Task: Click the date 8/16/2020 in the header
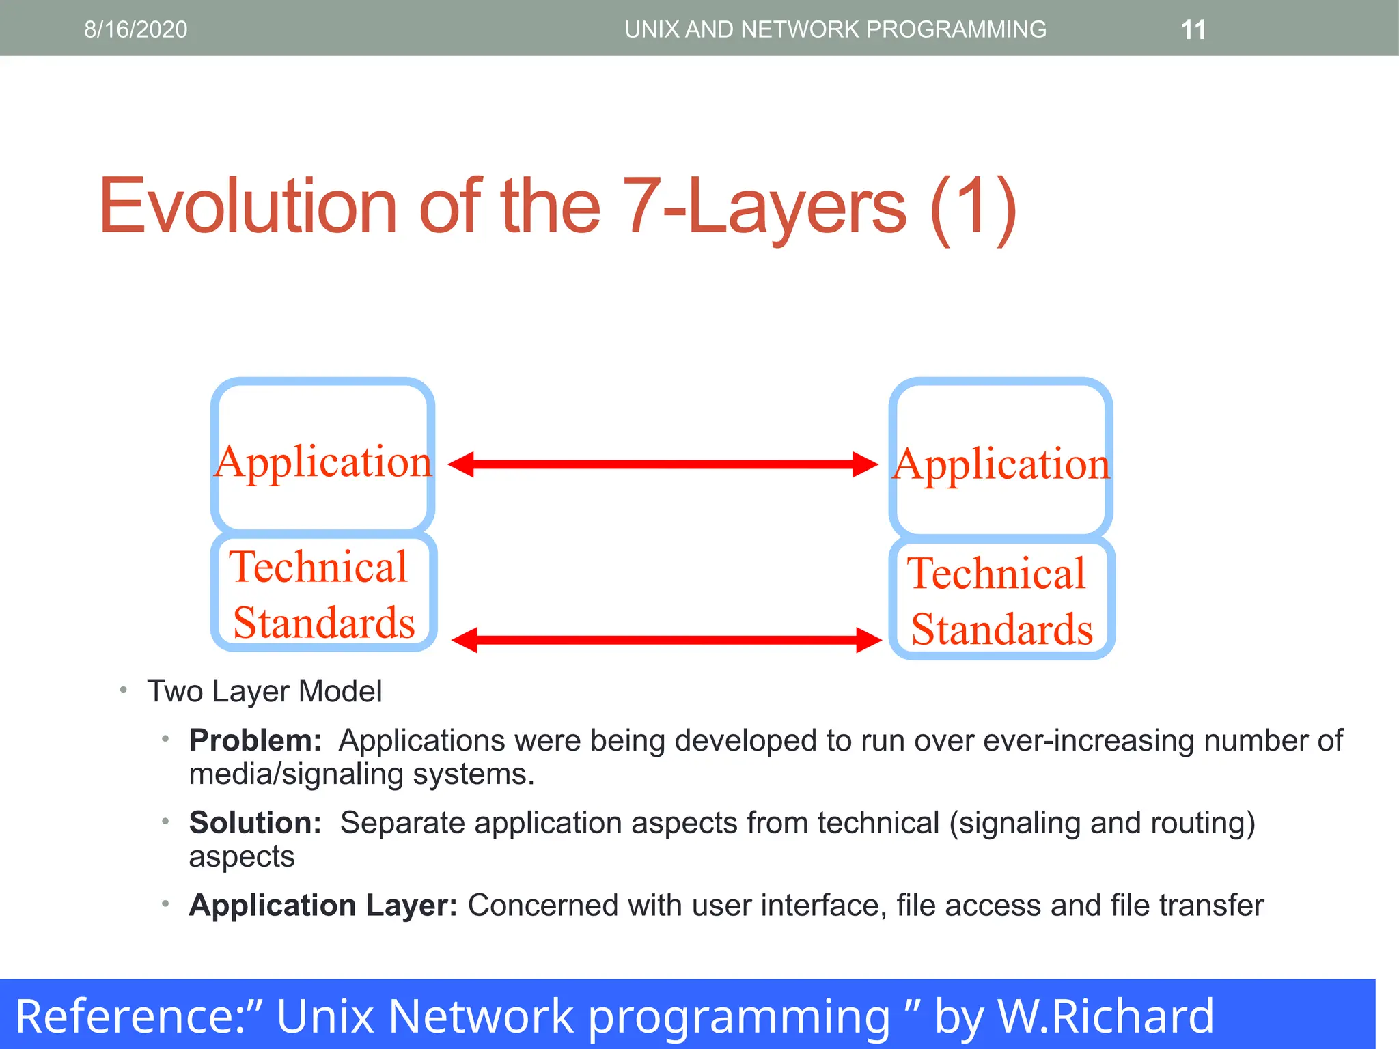click(135, 29)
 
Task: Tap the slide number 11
click(1193, 30)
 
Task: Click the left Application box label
click(323, 462)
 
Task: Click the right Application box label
click(1001, 465)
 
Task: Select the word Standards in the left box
click(324, 623)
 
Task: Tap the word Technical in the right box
click(996, 573)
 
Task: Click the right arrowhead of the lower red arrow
click(868, 640)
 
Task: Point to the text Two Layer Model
click(264, 691)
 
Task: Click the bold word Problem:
click(255, 740)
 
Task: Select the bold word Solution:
click(255, 822)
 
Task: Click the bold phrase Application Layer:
click(323, 905)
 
